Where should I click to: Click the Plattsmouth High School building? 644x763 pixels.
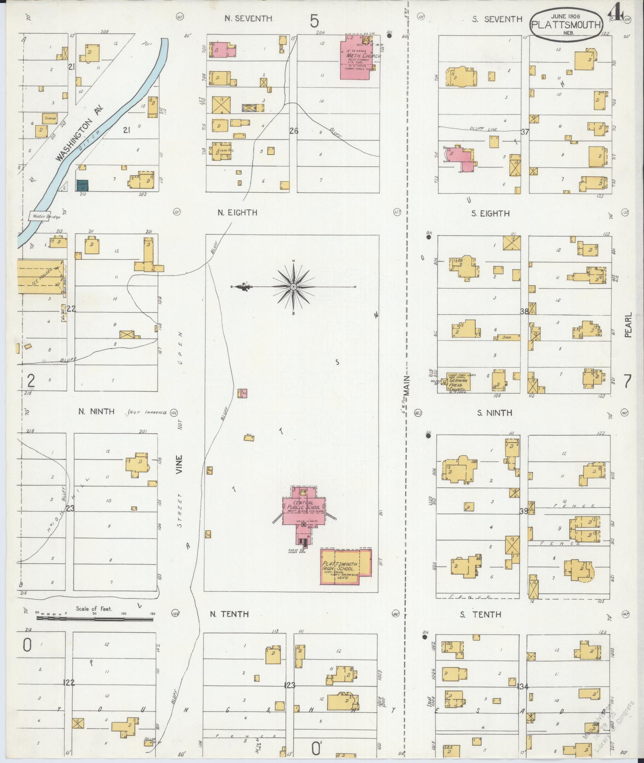coord(346,567)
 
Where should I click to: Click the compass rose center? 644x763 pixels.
coord(293,287)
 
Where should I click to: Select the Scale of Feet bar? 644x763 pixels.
coord(95,630)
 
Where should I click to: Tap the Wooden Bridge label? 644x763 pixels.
coord(44,217)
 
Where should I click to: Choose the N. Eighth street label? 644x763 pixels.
coord(237,213)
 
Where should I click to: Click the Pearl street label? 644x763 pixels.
coord(628,325)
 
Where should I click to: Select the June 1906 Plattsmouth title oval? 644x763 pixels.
coord(566,25)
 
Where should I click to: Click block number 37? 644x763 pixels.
coord(525,132)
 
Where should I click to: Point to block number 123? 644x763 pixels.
coord(289,685)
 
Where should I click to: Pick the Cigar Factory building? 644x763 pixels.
coord(221,152)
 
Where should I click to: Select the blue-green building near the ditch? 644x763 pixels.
coord(83,185)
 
